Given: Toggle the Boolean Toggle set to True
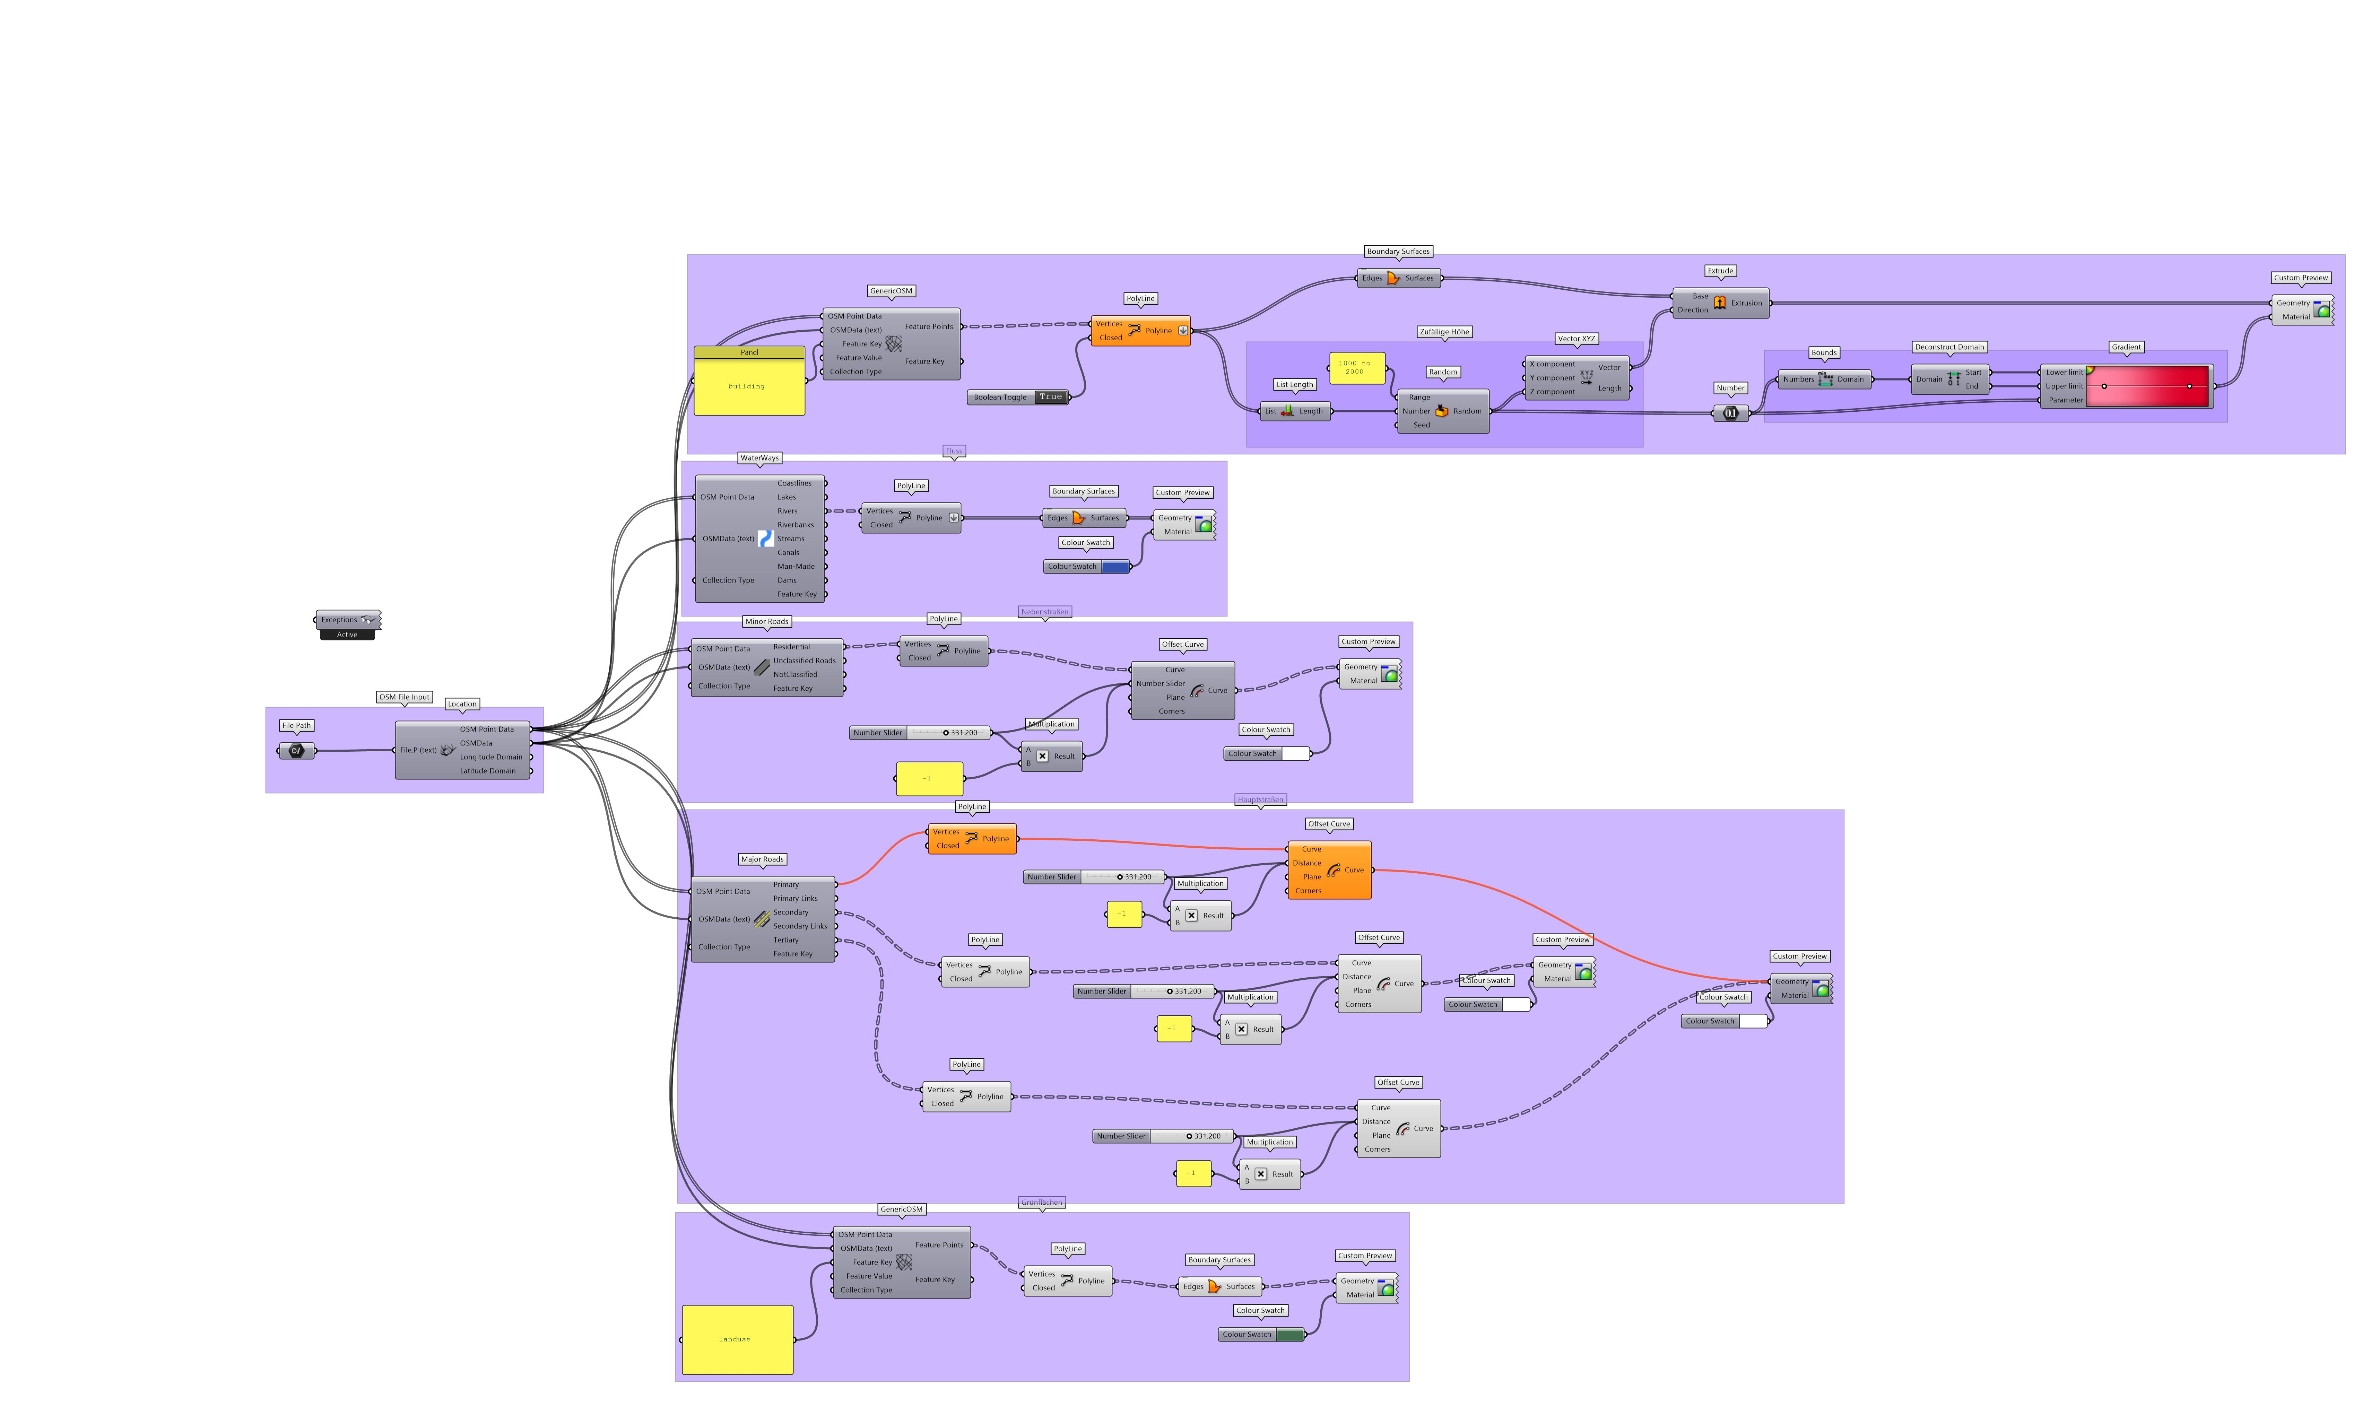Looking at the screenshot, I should pyautogui.click(x=1050, y=397).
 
